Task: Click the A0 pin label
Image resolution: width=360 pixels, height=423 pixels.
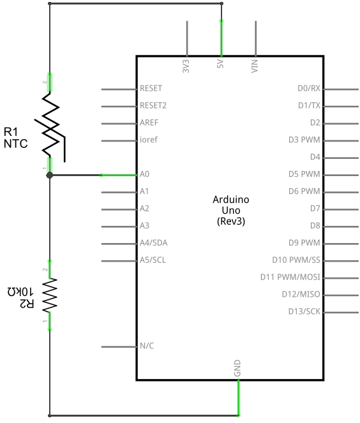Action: tap(144, 174)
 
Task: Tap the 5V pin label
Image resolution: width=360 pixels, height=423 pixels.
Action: tap(220, 64)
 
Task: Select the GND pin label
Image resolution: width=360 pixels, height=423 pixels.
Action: tap(237, 368)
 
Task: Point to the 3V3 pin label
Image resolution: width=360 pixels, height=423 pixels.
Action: tap(186, 66)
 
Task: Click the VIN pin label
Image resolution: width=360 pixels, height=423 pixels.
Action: tap(255, 66)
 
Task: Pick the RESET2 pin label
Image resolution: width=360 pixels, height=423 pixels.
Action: tap(153, 105)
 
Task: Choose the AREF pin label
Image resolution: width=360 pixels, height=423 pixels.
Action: tap(149, 122)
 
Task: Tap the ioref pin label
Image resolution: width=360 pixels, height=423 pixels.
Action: tap(149, 140)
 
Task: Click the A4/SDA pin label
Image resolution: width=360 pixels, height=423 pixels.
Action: tap(154, 243)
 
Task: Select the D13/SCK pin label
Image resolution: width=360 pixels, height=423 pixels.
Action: tap(304, 311)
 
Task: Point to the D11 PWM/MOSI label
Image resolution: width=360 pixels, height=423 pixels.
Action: tap(290, 277)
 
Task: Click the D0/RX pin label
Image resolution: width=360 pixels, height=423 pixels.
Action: tap(309, 88)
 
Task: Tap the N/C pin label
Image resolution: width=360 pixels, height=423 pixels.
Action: tap(147, 346)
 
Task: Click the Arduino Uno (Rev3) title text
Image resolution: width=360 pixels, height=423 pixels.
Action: tap(231, 211)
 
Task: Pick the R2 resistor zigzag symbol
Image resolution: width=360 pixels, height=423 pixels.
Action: tap(50, 295)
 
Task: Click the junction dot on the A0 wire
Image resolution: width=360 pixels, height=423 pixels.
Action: tap(50, 175)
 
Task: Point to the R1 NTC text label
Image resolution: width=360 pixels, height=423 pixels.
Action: tap(16, 138)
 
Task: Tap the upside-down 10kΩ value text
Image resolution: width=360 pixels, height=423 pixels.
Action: tap(20, 292)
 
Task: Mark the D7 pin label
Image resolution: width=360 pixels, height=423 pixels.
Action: tap(315, 209)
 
